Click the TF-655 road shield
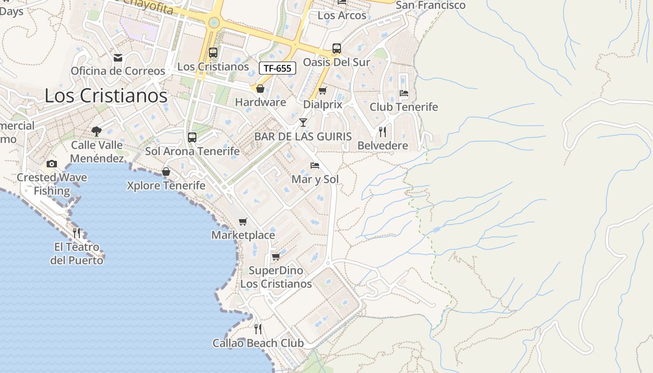pos(278,68)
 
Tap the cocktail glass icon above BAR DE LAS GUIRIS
pos(303,123)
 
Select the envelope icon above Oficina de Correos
pos(118,58)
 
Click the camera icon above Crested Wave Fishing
pos(52,164)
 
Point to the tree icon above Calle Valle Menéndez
pos(97,131)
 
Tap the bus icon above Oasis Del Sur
pos(337,48)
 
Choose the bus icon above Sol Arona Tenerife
pos(192,138)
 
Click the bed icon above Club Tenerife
pos(404,93)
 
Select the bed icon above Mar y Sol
pos(315,166)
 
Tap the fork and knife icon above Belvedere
pos(382,132)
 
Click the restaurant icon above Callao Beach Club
pos(258,329)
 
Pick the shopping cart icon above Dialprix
pos(322,90)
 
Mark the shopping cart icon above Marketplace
pos(243,221)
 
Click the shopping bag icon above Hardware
pos(260,88)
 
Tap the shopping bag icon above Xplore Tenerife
pos(166,172)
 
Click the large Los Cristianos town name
pos(106,96)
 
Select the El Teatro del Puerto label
pos(76,254)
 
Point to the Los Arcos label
pos(342,15)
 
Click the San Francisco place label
pos(431,5)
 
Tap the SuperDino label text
pos(276,271)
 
